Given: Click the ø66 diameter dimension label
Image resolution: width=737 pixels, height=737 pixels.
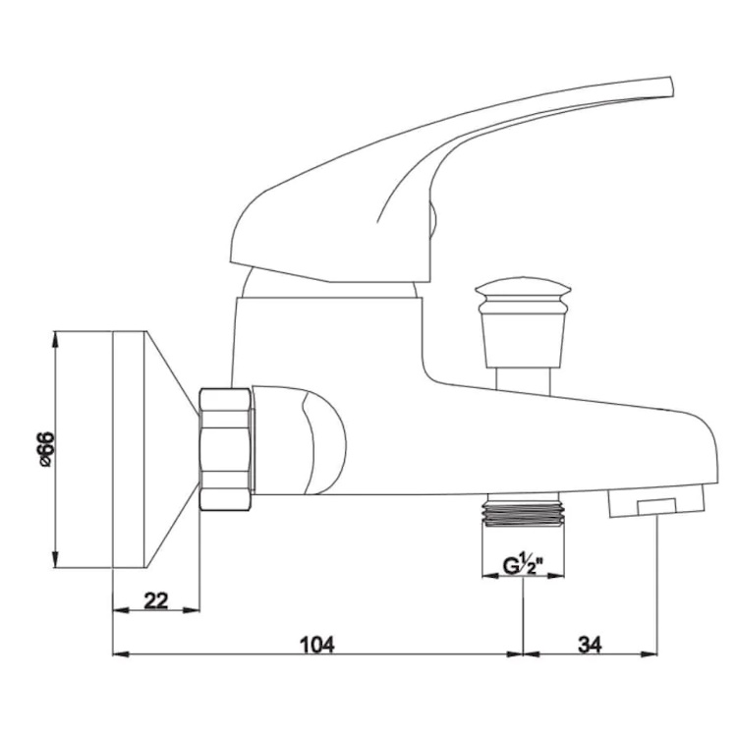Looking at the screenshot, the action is (47, 449).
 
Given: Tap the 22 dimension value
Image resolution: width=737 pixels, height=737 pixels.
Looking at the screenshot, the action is (156, 600).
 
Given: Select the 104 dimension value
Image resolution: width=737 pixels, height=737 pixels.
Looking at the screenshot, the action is (317, 645).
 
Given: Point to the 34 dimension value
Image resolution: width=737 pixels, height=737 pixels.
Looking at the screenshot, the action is (590, 645).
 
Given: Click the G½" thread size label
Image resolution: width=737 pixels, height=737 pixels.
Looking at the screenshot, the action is (523, 564).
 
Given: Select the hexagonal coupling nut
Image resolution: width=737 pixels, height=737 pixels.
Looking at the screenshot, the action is (226, 449).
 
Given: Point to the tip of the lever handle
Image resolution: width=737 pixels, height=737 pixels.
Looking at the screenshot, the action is (671, 87).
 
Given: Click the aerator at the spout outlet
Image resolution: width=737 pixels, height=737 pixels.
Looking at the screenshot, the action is (655, 501).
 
